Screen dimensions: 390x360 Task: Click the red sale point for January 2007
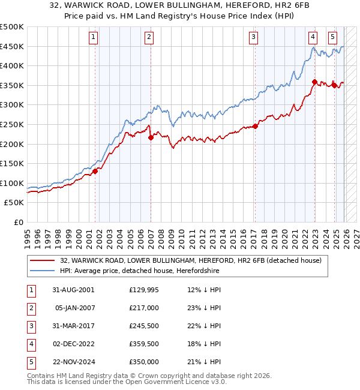click(151, 137)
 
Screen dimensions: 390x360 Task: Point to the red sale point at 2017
click(255, 126)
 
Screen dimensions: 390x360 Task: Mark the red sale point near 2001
click(95, 172)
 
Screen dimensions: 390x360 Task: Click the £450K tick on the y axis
click(12, 46)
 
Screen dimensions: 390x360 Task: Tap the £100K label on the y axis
click(12, 183)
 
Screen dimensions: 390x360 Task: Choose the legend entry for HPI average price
click(139, 271)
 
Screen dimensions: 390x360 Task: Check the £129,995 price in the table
click(144, 289)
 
